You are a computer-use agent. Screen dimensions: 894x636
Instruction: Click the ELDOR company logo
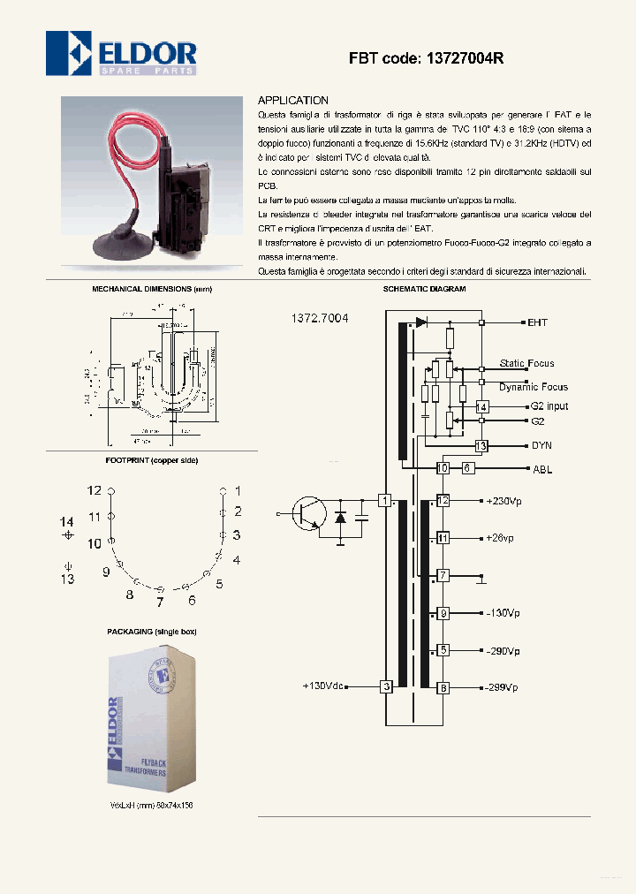pyautogui.click(x=121, y=53)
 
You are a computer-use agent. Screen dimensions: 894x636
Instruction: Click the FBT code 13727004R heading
pyautogui.click(x=426, y=58)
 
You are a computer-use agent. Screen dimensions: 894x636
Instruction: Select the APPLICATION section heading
pyautogui.click(x=292, y=101)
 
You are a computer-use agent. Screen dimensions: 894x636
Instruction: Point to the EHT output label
pyautogui.click(x=537, y=322)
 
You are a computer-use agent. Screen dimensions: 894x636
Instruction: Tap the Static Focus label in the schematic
pyautogui.click(x=526, y=363)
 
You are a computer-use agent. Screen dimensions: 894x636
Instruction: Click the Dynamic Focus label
pyautogui.click(x=533, y=387)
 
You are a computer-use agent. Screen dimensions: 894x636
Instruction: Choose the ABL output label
pyautogui.click(x=541, y=469)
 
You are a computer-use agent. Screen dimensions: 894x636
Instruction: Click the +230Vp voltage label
pyautogui.click(x=503, y=501)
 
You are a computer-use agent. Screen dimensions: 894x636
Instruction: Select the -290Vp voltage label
pyautogui.click(x=502, y=650)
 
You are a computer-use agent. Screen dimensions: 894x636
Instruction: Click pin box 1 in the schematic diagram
pyautogui.click(x=385, y=501)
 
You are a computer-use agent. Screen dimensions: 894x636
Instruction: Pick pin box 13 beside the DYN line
pyautogui.click(x=481, y=446)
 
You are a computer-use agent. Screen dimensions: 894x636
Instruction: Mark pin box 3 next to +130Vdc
pyautogui.click(x=386, y=686)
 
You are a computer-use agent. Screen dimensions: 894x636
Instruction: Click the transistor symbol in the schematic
pyautogui.click(x=309, y=513)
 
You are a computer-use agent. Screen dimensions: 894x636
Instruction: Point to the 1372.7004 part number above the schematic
pyautogui.click(x=319, y=318)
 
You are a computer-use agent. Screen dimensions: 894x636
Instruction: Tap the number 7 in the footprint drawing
pyautogui.click(x=160, y=603)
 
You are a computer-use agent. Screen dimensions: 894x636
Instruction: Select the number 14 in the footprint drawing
pyautogui.click(x=67, y=521)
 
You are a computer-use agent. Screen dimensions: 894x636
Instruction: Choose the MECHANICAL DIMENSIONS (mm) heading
pyautogui.click(x=152, y=289)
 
